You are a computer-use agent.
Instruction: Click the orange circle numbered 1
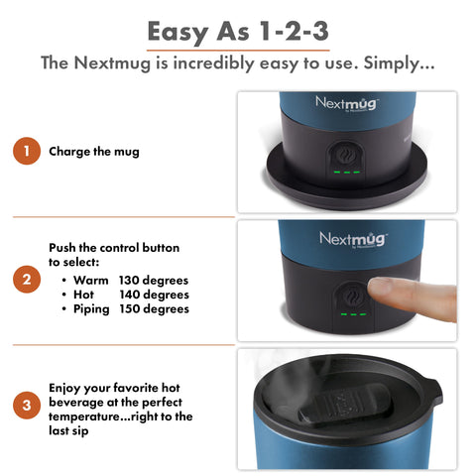click(26, 152)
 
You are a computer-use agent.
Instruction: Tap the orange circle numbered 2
click(26, 280)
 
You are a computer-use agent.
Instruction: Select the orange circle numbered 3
click(26, 405)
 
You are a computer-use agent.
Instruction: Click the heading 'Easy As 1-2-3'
click(238, 32)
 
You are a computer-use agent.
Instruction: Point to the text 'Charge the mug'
click(94, 152)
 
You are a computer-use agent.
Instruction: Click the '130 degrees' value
click(154, 281)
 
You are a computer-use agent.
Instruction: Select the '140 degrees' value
click(154, 295)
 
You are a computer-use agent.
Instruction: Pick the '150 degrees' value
click(154, 308)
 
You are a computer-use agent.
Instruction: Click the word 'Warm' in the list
click(91, 281)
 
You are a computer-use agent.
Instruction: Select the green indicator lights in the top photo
click(347, 174)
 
